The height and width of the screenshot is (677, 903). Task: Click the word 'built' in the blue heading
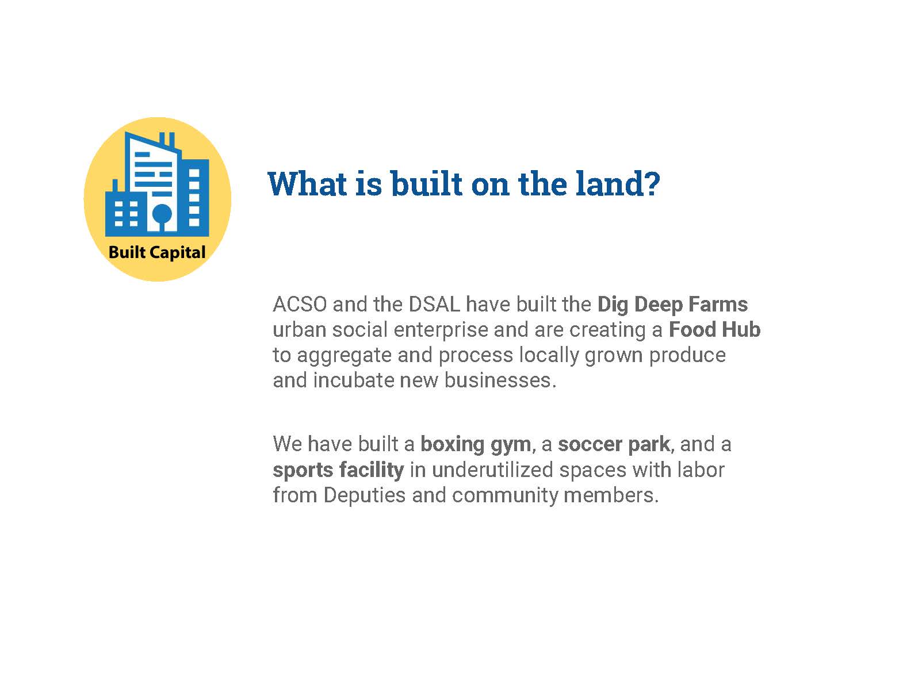[426, 183]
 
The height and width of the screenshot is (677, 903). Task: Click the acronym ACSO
[300, 305]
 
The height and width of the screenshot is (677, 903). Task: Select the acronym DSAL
[434, 305]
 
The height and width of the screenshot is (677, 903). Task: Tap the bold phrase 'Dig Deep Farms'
[672, 305]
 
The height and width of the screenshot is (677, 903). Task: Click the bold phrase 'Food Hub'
[714, 330]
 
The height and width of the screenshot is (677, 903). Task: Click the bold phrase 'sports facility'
[338, 471]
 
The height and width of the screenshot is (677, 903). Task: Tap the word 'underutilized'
[492, 470]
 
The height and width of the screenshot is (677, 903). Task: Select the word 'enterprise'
[440, 330]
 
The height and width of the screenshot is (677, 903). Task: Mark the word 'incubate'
[353, 380]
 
